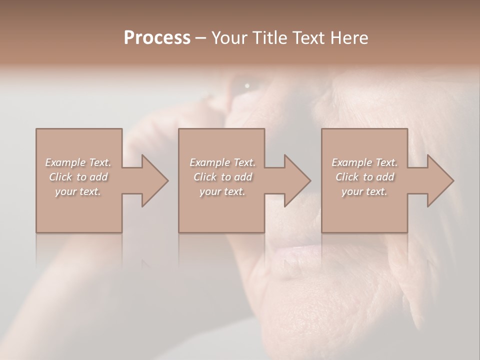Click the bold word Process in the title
pos(157,38)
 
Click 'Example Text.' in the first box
pos(78,162)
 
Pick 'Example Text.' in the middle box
pos(222,162)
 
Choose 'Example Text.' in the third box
pos(364,162)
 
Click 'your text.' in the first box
pos(78,191)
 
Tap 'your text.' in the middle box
pos(222,191)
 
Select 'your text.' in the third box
pos(364,191)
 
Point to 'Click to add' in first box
pos(78,177)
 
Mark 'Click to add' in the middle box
pos(222,177)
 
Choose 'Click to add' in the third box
pos(364,177)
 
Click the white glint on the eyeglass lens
pos(247,86)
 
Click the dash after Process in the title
pos(201,38)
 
